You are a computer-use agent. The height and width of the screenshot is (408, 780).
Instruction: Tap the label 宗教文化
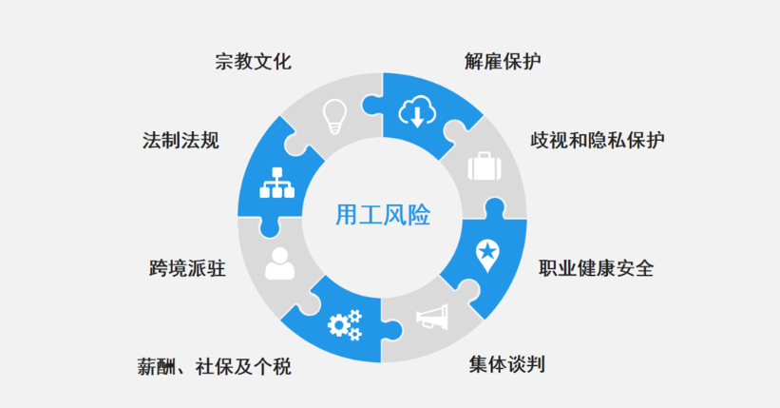[253, 63]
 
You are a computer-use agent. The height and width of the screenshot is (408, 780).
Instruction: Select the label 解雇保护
[504, 63]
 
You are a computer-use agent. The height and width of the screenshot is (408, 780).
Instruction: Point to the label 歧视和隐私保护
[597, 140]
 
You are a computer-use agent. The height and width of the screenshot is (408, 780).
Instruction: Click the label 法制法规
[181, 141]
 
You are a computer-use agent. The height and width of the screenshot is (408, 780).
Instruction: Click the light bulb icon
[333, 116]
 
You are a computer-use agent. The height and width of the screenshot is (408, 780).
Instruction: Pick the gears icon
[343, 324]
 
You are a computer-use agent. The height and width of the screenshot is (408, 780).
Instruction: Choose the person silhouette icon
[279, 263]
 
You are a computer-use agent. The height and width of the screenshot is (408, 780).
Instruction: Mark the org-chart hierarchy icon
[279, 181]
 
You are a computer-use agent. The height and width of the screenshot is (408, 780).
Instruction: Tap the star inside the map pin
[486, 250]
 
